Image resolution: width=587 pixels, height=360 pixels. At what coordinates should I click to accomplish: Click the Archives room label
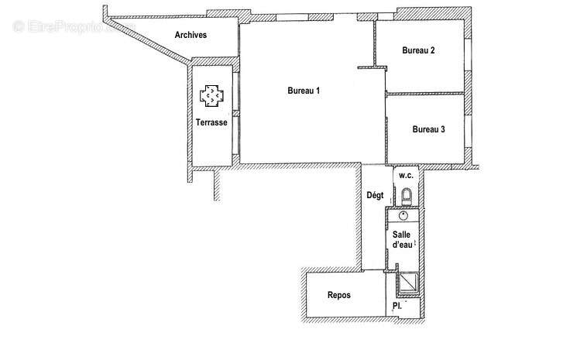(x=191, y=35)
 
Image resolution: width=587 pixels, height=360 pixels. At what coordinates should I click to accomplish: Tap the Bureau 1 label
(x=304, y=91)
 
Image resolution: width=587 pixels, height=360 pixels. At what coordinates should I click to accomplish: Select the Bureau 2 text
(x=417, y=51)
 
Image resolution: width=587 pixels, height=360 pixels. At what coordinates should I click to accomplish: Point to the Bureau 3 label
(x=428, y=129)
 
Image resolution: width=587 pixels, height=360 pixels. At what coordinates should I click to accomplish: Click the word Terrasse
(x=211, y=123)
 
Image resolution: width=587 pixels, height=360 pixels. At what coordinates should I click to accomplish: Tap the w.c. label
(x=407, y=175)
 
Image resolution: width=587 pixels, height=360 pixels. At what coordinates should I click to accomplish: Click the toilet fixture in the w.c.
(x=407, y=197)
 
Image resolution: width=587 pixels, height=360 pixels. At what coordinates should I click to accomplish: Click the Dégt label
(x=375, y=196)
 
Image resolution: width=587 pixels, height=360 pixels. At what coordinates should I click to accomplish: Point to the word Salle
(x=401, y=234)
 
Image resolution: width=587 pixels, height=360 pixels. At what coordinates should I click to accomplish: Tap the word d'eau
(x=401, y=245)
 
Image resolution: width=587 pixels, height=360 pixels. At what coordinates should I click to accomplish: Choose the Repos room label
(x=339, y=295)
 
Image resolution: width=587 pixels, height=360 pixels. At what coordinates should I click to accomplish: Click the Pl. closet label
(x=396, y=307)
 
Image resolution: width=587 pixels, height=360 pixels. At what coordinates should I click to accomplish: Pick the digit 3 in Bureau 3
(x=442, y=129)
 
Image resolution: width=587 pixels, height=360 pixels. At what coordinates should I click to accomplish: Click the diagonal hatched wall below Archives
(x=159, y=46)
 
